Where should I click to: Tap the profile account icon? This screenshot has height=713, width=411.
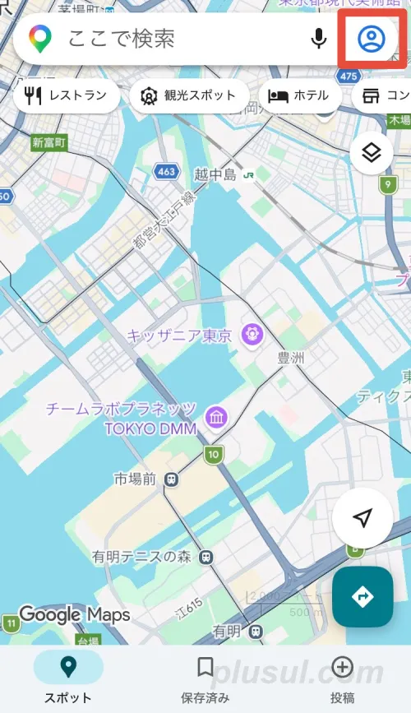pyautogui.click(x=372, y=39)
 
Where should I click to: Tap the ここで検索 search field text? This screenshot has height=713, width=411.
pyautogui.click(x=121, y=39)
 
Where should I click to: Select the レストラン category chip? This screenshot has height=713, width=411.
pyautogui.click(x=67, y=95)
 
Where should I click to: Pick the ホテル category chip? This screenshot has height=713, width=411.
pyautogui.click(x=298, y=95)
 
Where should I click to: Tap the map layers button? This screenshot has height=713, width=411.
pyautogui.click(x=371, y=152)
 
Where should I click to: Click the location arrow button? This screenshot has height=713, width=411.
pyautogui.click(x=363, y=517)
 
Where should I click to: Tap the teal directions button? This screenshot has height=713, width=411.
pyautogui.click(x=363, y=597)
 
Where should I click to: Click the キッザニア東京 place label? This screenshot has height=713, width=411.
pyautogui.click(x=181, y=336)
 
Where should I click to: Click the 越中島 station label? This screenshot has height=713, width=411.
pyautogui.click(x=215, y=174)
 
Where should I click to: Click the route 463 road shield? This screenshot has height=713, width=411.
pyautogui.click(x=166, y=172)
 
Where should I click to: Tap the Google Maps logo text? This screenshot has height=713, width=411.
pyautogui.click(x=74, y=614)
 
